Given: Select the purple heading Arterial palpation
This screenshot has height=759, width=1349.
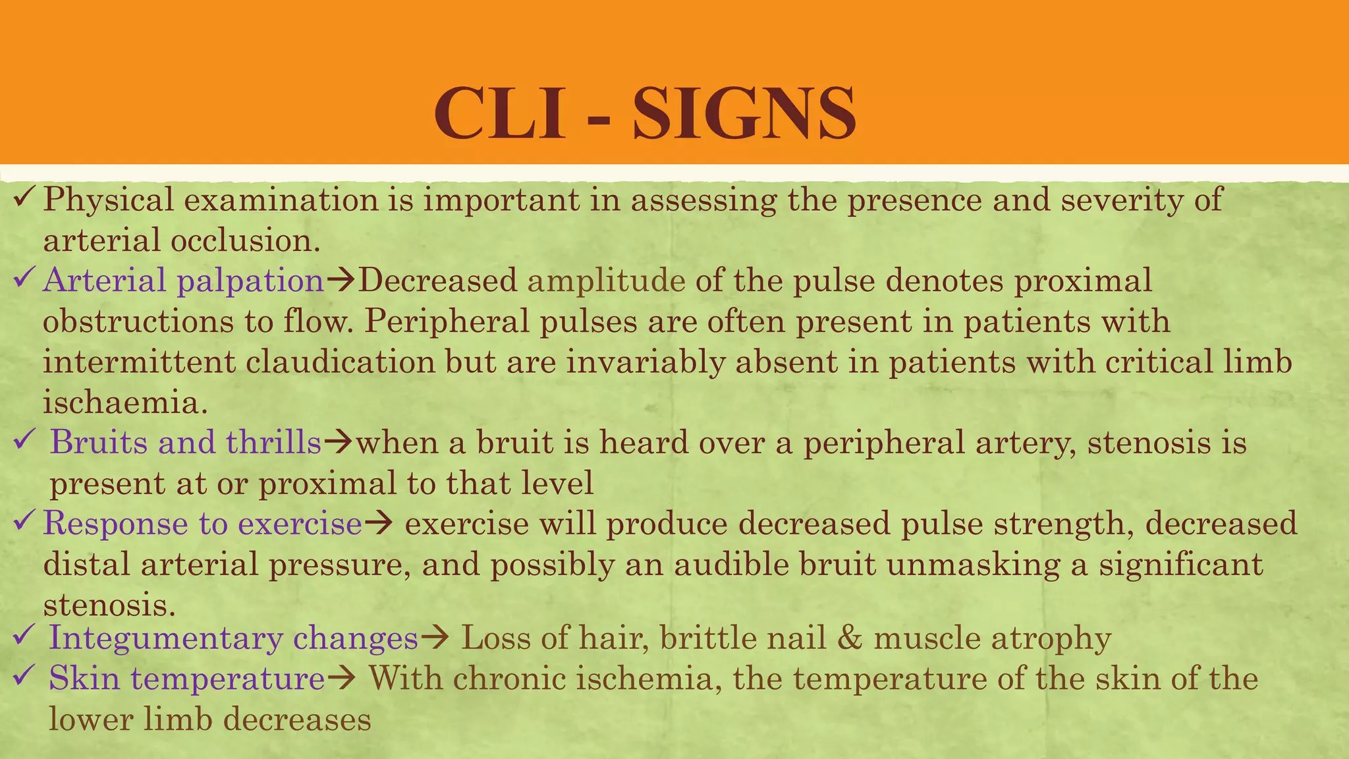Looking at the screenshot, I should pyautogui.click(x=184, y=281).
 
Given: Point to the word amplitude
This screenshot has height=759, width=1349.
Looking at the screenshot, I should pyautogui.click(x=607, y=281).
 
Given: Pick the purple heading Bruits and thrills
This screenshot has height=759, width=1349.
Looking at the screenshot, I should pyautogui.click(x=186, y=442).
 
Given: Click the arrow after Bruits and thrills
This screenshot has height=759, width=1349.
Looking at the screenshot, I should pyautogui.click(x=339, y=443).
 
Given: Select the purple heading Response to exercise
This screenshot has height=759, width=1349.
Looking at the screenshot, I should pyautogui.click(x=203, y=524).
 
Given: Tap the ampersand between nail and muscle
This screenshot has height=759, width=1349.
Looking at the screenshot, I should pyautogui.click(x=850, y=638).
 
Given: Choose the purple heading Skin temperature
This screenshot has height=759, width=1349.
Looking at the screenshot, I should pyautogui.click(x=187, y=679).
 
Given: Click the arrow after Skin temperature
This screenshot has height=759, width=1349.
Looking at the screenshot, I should pyautogui.click(x=342, y=679).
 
